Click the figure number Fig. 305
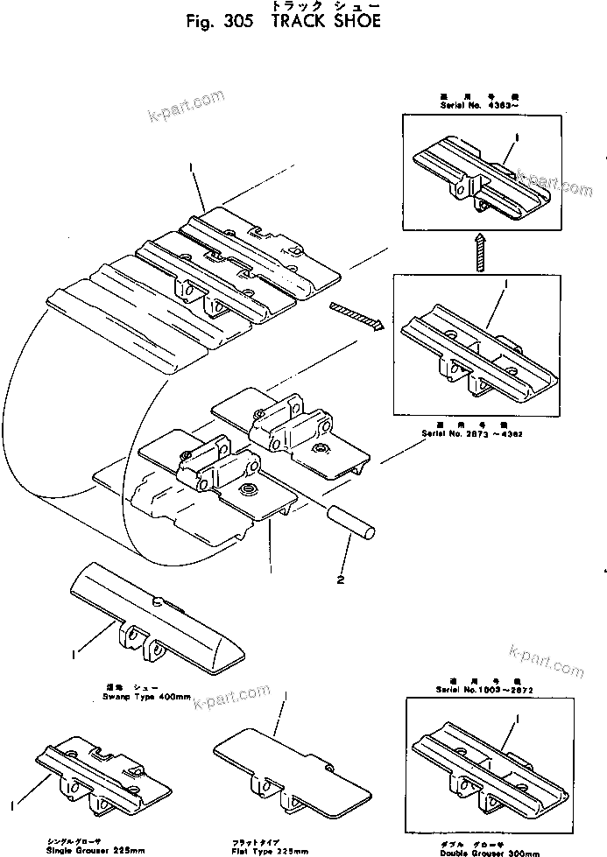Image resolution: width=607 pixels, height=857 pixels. tap(224, 23)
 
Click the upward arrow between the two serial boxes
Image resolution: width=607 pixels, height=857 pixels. tap(478, 251)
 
